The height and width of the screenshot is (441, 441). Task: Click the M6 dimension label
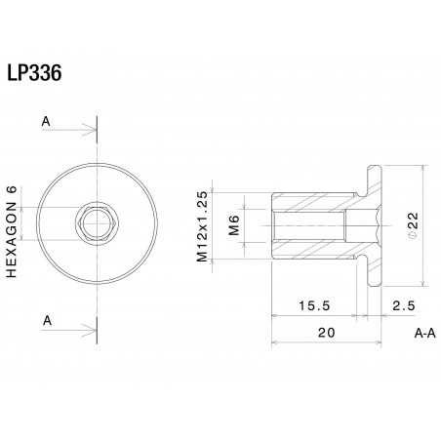point(233,226)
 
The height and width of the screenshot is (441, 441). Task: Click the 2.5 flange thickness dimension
point(403,305)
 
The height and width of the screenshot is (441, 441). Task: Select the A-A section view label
point(423,333)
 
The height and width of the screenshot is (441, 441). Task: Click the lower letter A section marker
point(45,320)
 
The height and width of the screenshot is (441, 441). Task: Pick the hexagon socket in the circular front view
point(96,226)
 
